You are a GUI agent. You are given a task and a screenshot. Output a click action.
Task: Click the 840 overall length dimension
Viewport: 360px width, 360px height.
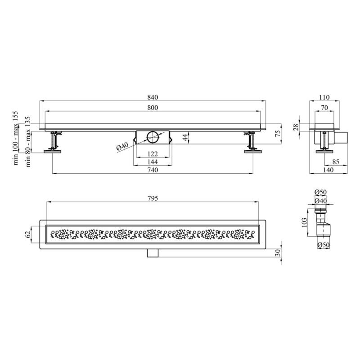pos(153,97)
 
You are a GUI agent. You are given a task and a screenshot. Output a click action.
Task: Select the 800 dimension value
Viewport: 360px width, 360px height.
pos(153,108)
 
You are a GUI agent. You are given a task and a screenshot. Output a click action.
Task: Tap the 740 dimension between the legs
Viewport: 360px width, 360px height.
pos(153,170)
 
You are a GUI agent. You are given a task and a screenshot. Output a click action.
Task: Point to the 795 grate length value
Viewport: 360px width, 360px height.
pos(153,198)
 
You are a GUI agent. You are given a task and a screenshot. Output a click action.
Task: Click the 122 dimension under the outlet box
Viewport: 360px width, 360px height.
pos(153,153)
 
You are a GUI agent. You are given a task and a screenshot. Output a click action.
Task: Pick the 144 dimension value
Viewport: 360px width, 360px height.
pos(153,162)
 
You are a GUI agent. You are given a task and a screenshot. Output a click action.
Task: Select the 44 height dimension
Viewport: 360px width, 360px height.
pos(185,138)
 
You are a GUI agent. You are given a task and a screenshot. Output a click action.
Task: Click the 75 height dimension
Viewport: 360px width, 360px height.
pos(278,133)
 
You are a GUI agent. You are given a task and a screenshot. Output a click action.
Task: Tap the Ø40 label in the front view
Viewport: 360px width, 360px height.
pos(122,147)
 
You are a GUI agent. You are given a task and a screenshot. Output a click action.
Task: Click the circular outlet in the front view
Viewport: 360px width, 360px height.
pos(153,137)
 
